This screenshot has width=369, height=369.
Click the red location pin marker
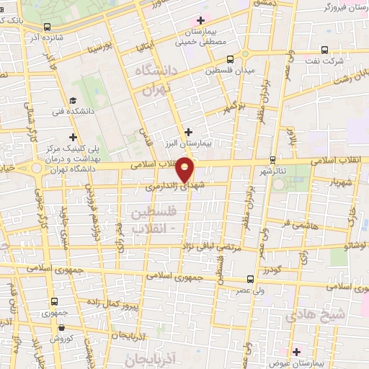pos(186,169)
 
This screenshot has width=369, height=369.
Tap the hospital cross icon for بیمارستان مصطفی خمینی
pos(200,20)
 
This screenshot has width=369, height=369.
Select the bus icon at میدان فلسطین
pos(230,59)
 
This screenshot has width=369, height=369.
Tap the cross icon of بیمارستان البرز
pos(189,131)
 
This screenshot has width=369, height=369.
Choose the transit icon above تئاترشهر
pos(272,159)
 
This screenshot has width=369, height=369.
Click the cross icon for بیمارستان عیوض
pos(297,351)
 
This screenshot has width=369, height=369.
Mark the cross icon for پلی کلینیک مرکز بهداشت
pos(73,136)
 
